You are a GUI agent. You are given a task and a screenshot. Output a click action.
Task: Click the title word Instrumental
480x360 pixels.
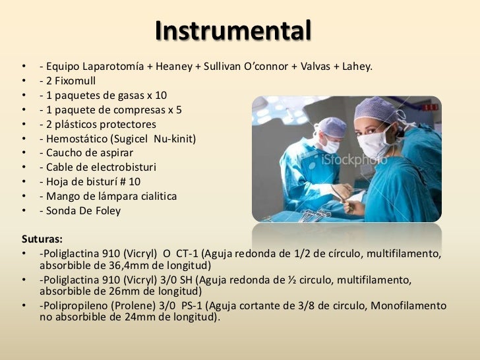233,30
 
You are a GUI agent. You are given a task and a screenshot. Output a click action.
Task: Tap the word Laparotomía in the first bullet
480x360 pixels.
113,67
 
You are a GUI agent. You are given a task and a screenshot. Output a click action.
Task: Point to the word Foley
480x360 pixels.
105,212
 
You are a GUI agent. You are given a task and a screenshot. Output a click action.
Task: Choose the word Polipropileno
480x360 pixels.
76,307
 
